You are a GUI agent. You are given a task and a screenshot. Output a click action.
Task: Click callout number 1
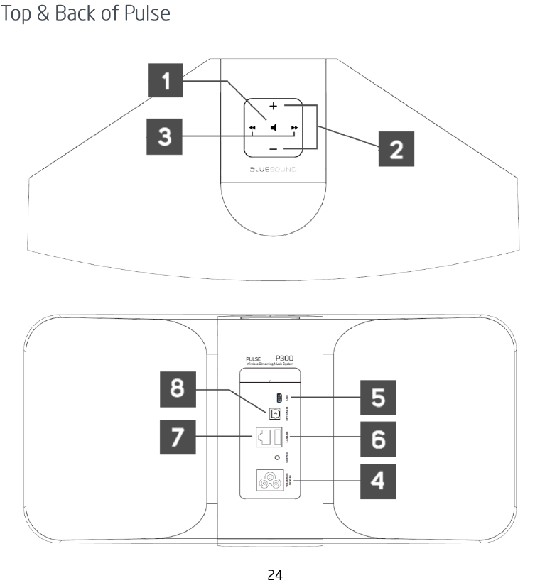(x=165, y=82)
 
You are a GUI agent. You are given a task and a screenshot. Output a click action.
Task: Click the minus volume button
(x=274, y=149)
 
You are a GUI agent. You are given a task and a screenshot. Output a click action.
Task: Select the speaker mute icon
(x=274, y=129)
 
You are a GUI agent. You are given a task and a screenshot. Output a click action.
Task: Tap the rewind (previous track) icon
(x=252, y=129)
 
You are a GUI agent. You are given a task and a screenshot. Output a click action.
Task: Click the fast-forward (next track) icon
(x=295, y=129)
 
